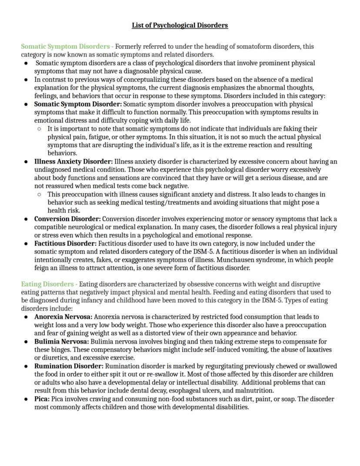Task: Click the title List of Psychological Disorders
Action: click(x=180, y=25)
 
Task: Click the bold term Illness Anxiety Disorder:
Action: click(x=73, y=161)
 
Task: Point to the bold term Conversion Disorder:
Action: click(x=67, y=219)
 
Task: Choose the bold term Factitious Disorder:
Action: click(x=65, y=243)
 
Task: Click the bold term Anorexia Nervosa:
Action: click(x=63, y=317)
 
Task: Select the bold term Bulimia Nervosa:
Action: click(x=62, y=342)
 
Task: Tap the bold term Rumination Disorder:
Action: click(x=69, y=366)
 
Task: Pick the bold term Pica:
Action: click(x=42, y=399)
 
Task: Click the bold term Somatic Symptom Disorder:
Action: click(x=78, y=104)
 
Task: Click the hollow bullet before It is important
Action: click(x=39, y=129)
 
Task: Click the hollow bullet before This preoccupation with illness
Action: click(x=39, y=194)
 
